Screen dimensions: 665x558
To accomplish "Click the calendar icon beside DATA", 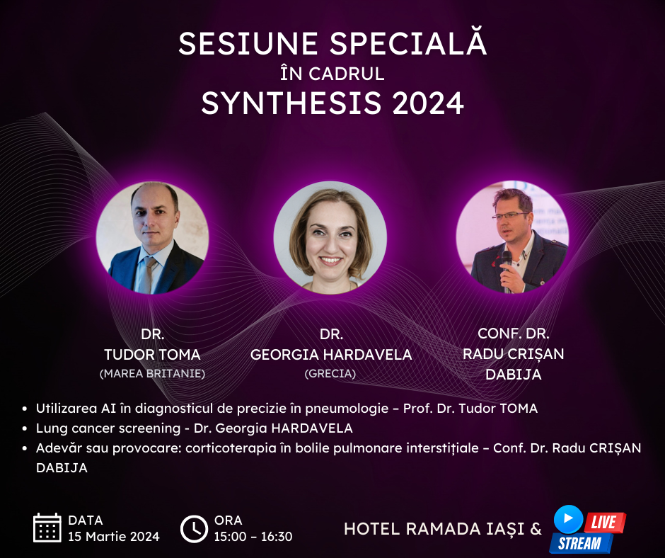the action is tap(47, 528).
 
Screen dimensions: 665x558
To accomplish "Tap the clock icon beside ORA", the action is tap(194, 529).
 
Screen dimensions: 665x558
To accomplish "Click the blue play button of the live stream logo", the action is tap(568, 518).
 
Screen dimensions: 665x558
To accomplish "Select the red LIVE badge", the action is tap(604, 523).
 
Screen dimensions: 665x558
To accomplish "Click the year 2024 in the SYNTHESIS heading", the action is tap(428, 103).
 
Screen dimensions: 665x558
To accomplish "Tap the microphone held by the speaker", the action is tap(507, 268).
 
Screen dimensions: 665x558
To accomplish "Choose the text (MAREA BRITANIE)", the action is tap(152, 374).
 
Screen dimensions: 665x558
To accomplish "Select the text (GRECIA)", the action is tap(330, 374).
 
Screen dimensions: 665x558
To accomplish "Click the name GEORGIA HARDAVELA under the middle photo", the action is tap(331, 355).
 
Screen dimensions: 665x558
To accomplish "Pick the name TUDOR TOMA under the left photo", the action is tap(152, 355).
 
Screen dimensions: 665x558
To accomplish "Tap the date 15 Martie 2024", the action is tap(114, 537).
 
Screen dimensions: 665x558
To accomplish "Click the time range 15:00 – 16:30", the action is tap(253, 537).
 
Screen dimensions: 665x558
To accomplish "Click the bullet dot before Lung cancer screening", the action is tap(25, 429).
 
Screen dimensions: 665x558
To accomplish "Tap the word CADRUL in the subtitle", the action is tap(347, 74).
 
